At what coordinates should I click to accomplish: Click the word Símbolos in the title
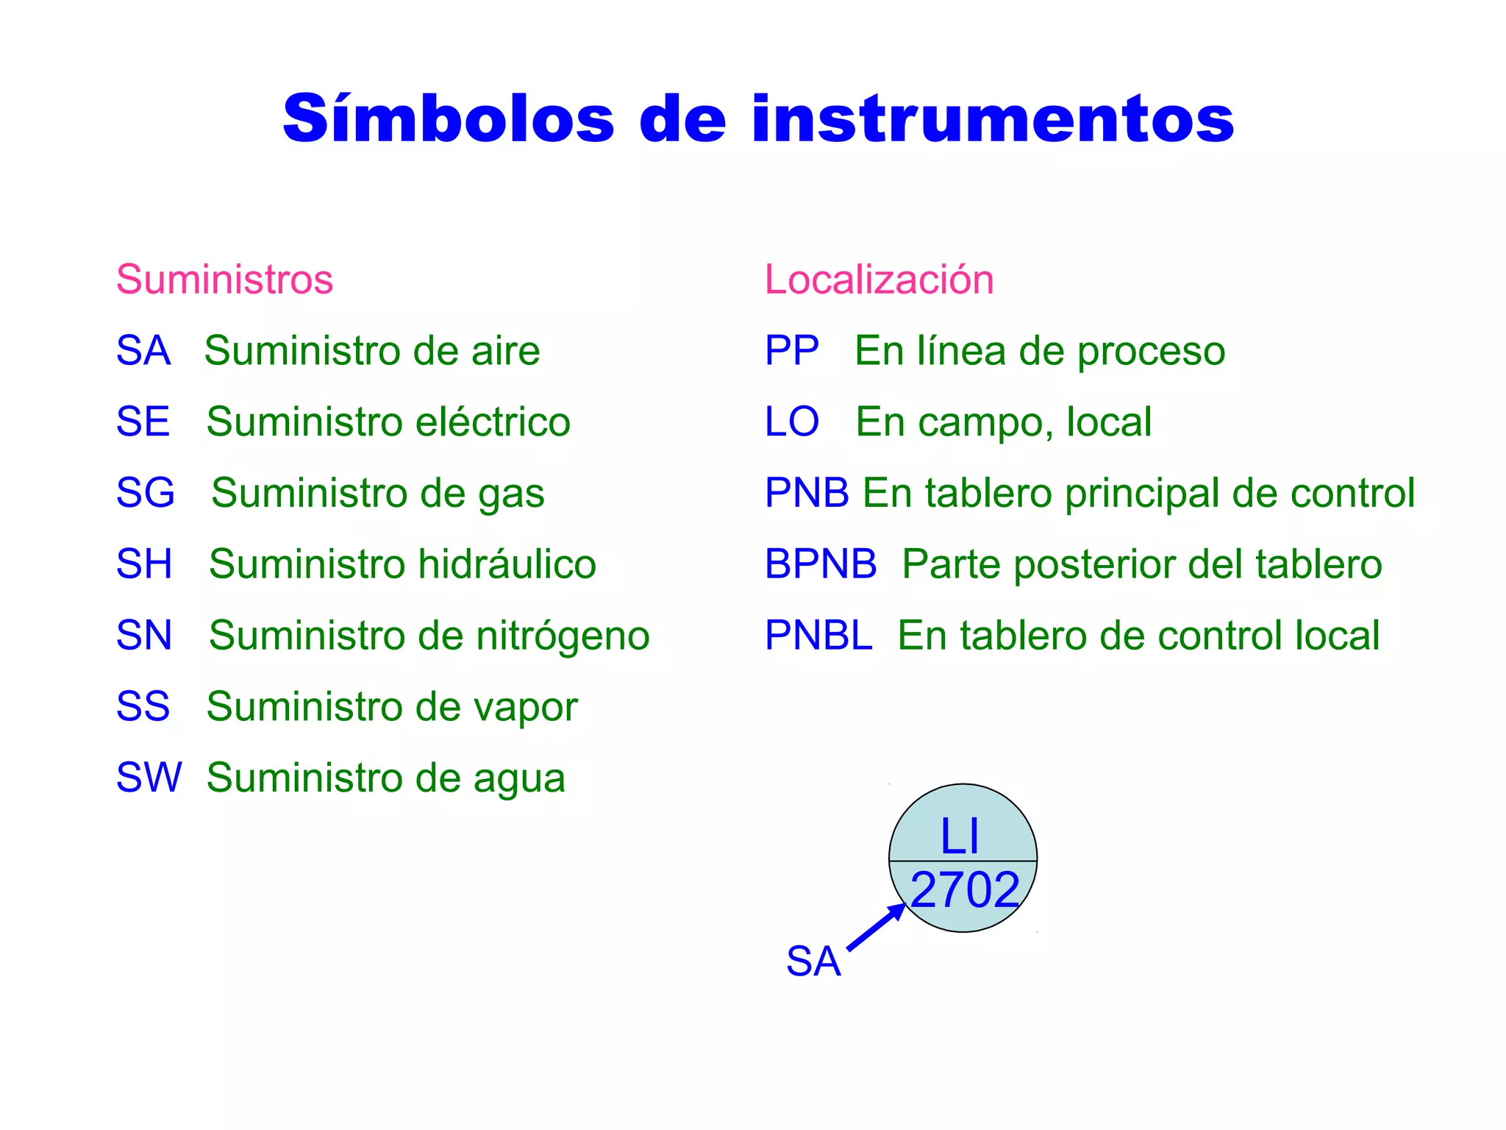(449, 119)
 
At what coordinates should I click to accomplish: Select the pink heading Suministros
(224, 280)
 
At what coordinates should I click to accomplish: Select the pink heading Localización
(879, 280)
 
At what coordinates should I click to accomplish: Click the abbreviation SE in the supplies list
(143, 422)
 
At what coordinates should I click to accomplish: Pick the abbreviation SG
(145, 493)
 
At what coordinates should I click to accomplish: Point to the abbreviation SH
(144, 564)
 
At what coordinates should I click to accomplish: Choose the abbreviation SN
(144, 635)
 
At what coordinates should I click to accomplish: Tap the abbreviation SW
(149, 778)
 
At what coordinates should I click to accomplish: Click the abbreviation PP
(791, 350)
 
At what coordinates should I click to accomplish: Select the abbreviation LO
(791, 422)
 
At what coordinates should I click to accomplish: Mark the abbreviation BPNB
(821, 564)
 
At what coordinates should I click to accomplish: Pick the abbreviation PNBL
(818, 635)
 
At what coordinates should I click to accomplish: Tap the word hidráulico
(507, 564)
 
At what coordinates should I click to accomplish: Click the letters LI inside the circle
(960, 836)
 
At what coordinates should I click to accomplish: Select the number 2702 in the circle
(965, 890)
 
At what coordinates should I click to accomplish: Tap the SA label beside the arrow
(813, 961)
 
